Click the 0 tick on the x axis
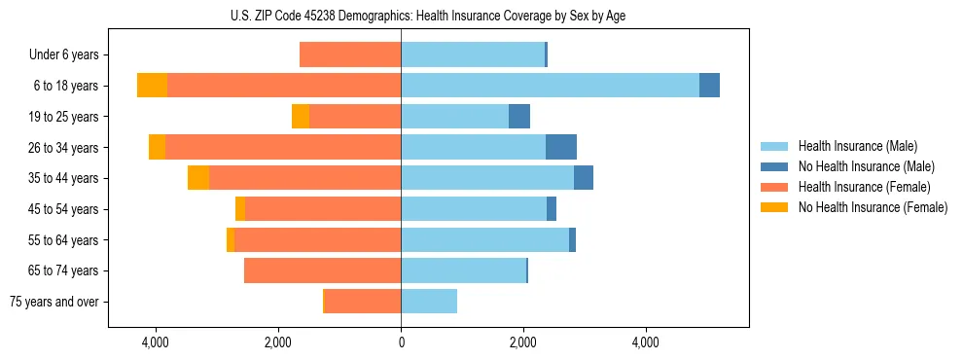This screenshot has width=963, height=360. pyautogui.click(x=401, y=342)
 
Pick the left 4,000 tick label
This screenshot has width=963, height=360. pyautogui.click(x=156, y=342)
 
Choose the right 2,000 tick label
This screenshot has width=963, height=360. pyautogui.click(x=523, y=342)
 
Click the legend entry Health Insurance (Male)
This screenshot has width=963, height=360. pyautogui.click(x=857, y=146)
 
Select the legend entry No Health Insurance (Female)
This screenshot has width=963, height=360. pyautogui.click(x=873, y=207)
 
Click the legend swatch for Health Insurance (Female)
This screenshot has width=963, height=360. pyautogui.click(x=774, y=187)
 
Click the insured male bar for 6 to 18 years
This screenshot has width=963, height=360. pyautogui.click(x=550, y=86)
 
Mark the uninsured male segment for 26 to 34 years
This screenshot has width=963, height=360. pyautogui.click(x=561, y=147)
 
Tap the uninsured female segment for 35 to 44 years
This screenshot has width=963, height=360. pyautogui.click(x=198, y=178)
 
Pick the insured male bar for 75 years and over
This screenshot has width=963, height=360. pyautogui.click(x=429, y=302)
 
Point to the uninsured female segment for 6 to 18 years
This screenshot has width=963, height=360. pyautogui.click(x=152, y=86)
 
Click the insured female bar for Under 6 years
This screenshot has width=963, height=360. pyautogui.click(x=350, y=54)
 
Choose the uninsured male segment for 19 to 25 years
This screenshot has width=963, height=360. pyautogui.click(x=519, y=117)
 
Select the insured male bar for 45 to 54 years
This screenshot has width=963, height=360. pyautogui.click(x=474, y=209)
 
